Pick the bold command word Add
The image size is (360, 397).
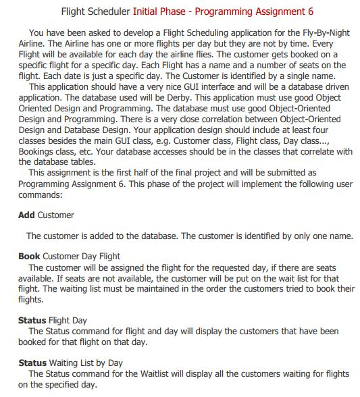pos(26,215)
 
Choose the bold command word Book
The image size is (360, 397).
pos(29,257)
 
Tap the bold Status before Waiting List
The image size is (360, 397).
pos(32,363)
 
